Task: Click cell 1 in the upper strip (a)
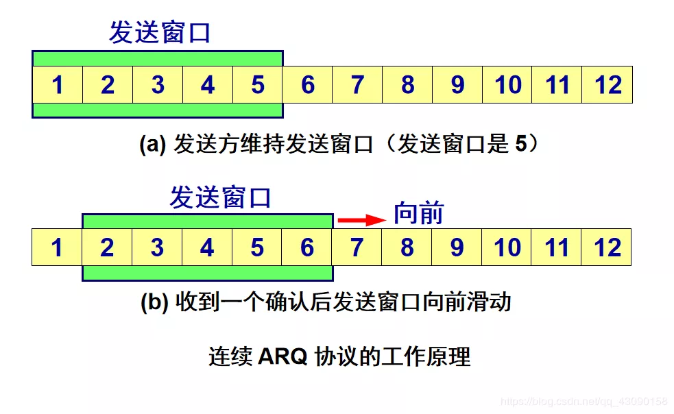click(x=58, y=85)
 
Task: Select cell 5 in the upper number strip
click(x=258, y=85)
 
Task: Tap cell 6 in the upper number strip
click(x=307, y=85)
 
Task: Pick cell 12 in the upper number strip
click(x=607, y=85)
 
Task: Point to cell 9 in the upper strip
click(x=457, y=85)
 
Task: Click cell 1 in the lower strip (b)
click(x=57, y=247)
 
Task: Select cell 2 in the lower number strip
click(x=107, y=247)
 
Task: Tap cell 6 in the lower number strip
click(x=307, y=247)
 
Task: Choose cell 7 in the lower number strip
click(x=357, y=247)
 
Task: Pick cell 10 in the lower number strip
click(x=507, y=247)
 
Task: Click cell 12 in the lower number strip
click(x=607, y=247)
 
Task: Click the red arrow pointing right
click(x=362, y=220)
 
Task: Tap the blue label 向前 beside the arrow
click(x=419, y=212)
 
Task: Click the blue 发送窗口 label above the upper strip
click(x=160, y=32)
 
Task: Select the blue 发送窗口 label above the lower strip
click(x=220, y=197)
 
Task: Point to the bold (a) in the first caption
click(x=153, y=144)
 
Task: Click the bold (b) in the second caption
click(x=154, y=302)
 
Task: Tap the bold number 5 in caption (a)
click(x=521, y=143)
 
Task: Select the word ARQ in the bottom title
click(x=282, y=356)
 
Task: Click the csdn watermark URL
click(x=584, y=402)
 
